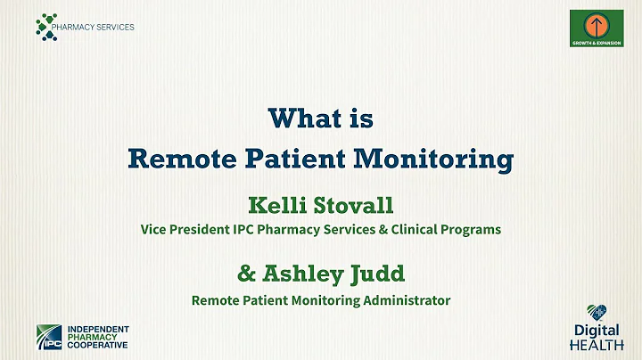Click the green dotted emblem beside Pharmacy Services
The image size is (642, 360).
[x=46, y=26]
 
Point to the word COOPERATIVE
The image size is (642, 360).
[x=97, y=345]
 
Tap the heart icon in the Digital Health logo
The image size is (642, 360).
[x=598, y=313]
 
